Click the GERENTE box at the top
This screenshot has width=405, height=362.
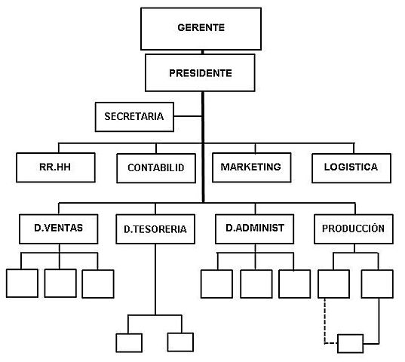tap(201, 28)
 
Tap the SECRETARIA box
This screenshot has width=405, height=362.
tap(134, 116)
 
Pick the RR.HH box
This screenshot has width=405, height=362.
tap(55, 167)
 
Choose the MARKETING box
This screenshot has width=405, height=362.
tap(250, 167)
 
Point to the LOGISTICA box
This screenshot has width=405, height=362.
tap(351, 167)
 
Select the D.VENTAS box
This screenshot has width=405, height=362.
tap(59, 228)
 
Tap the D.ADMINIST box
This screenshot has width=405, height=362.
tap(254, 228)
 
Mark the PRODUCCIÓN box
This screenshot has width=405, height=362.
tap(353, 228)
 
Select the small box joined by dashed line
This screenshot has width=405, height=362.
tap(350, 344)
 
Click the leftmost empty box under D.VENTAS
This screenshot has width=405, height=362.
tap(21, 283)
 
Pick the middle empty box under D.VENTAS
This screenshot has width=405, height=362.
tap(60, 283)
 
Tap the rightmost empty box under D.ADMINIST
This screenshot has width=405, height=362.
tap(294, 283)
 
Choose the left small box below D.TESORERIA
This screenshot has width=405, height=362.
tap(128, 342)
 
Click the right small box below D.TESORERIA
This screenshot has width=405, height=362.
tap(180, 342)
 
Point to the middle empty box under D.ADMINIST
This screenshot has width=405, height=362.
tap(256, 283)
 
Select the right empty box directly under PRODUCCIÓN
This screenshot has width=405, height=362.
tap(376, 283)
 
